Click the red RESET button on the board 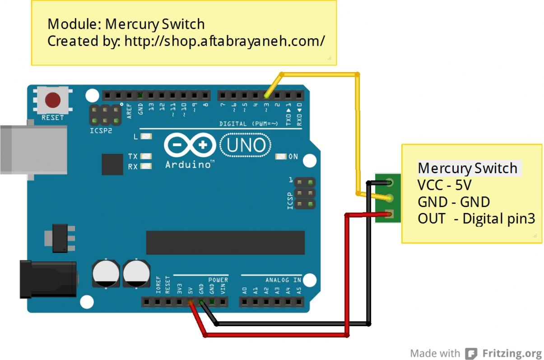tap(53, 100)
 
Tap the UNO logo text tap(246, 145)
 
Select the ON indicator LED tap(281, 157)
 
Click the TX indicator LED tap(146, 156)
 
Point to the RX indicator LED tap(146, 166)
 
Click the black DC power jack tap(47, 279)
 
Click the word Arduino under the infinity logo tap(188, 165)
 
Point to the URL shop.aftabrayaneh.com tap(224, 41)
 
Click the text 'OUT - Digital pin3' tap(476, 219)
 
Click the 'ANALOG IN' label tap(283, 280)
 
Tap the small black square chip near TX tap(112, 164)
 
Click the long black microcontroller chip tap(225, 243)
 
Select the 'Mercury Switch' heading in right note tap(468, 168)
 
